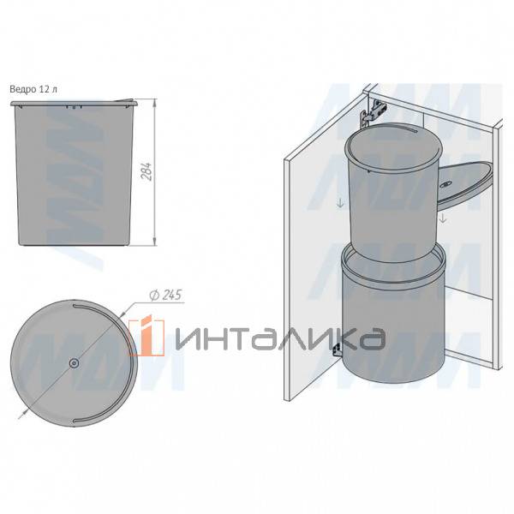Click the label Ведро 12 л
click(x=33, y=89)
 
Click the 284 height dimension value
click(x=147, y=171)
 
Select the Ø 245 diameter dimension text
click(x=165, y=295)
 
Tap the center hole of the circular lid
click(x=75, y=363)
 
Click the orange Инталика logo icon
click(x=146, y=336)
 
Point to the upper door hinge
click(x=373, y=113)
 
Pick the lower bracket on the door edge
click(x=338, y=350)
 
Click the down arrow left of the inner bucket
click(x=340, y=204)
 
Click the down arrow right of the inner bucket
click(x=443, y=218)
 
